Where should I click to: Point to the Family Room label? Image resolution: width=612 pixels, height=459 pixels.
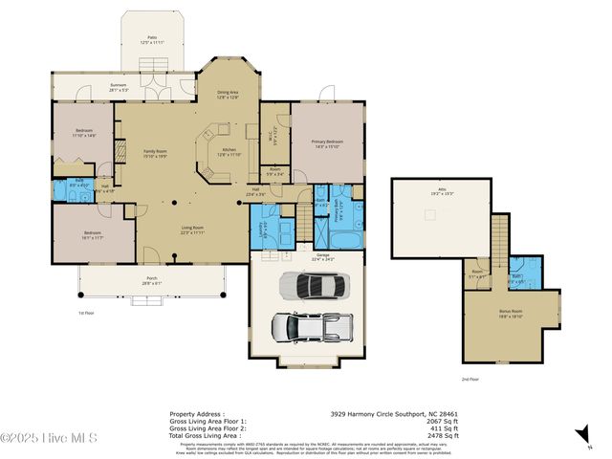pos(153,154)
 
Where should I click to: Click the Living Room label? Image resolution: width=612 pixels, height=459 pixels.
pos(191,229)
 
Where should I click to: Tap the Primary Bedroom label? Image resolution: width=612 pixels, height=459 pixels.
pos(327,143)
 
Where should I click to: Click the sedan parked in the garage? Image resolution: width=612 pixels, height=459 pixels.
pos(313,285)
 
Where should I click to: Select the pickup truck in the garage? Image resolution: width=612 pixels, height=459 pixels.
pos(307,327)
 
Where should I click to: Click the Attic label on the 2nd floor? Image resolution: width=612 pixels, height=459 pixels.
pos(442,191)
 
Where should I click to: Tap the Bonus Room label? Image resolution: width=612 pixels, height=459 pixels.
pos(510,313)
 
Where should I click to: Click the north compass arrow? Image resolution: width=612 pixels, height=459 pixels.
pos(581,433)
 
